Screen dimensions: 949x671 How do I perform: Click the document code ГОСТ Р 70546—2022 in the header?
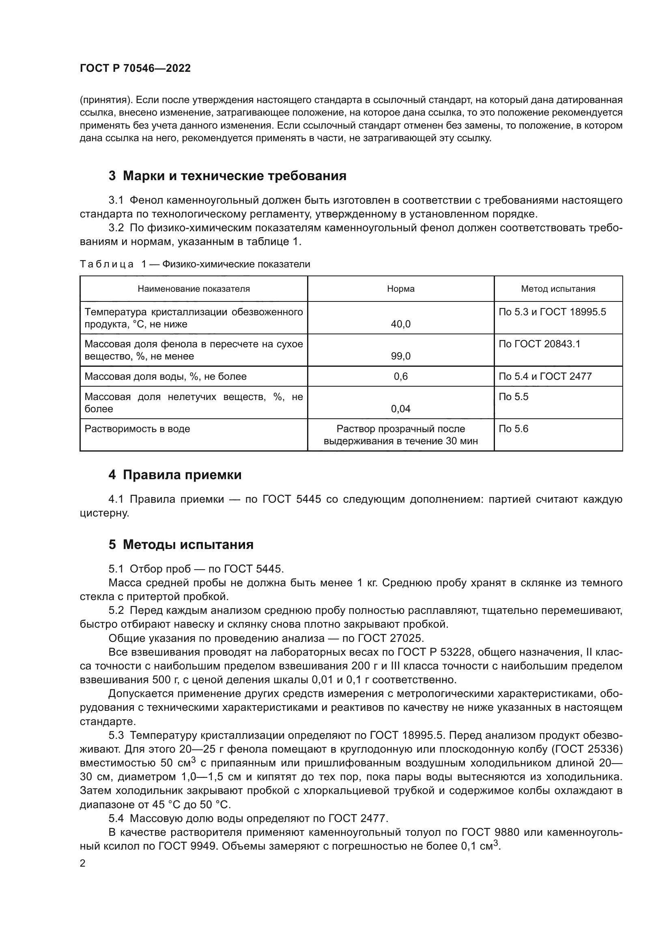(x=135, y=68)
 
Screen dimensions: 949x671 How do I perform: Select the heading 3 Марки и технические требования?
(x=227, y=176)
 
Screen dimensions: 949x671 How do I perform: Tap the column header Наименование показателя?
(x=194, y=289)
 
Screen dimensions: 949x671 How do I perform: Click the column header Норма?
(x=400, y=289)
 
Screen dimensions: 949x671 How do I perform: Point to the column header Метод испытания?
(x=558, y=289)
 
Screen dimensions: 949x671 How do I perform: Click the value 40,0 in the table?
(x=400, y=324)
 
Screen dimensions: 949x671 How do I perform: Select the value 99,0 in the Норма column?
(x=400, y=356)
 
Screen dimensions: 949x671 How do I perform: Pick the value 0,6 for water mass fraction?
(x=400, y=377)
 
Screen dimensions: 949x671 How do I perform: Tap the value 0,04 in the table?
(x=400, y=409)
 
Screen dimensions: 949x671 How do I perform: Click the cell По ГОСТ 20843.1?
(x=539, y=344)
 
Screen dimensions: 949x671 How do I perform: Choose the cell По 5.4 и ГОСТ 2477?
(x=545, y=377)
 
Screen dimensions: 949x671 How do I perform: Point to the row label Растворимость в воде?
(x=137, y=429)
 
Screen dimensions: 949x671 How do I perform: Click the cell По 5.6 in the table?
(x=513, y=429)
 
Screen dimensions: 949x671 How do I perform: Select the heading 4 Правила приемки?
(x=175, y=475)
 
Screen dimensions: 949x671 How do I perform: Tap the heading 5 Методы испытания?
(x=181, y=544)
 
